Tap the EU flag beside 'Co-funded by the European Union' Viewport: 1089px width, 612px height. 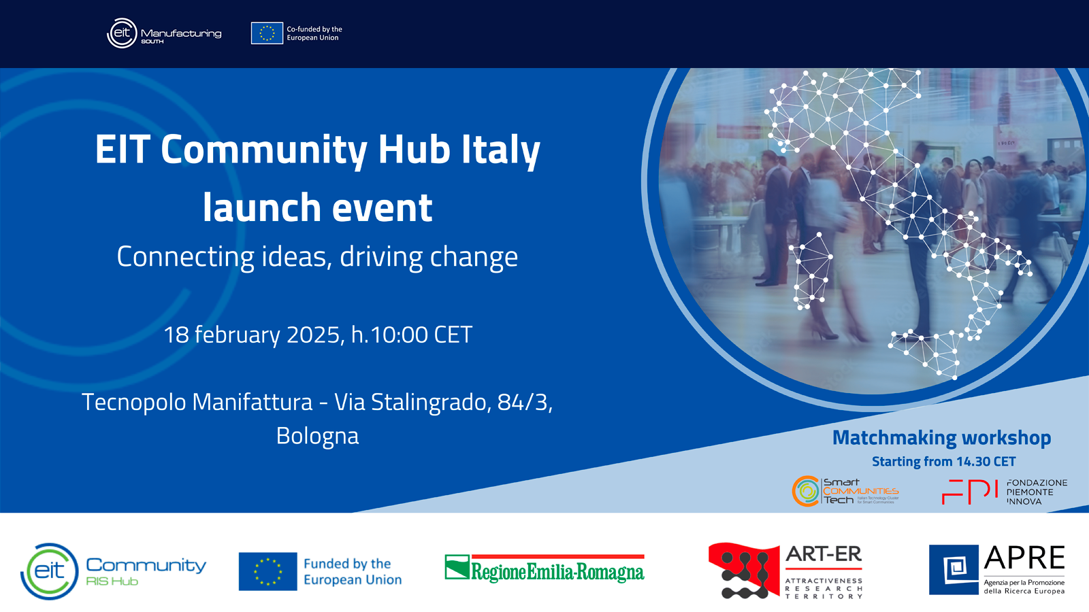tap(267, 33)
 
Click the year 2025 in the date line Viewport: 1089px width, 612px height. tap(314, 335)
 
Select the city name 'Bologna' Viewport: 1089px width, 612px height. tap(317, 436)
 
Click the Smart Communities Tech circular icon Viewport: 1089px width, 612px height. tap(807, 491)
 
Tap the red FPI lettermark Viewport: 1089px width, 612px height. tap(970, 492)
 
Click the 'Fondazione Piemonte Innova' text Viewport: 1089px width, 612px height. tap(1036, 492)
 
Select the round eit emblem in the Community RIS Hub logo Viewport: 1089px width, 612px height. tap(50, 571)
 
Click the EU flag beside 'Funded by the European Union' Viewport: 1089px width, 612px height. tap(267, 571)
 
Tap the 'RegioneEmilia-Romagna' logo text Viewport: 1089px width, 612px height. tap(557, 572)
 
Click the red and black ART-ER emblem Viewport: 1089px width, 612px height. tap(743, 571)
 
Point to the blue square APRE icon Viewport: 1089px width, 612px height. tap(954, 570)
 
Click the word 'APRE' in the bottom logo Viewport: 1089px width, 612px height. tap(1024, 558)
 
